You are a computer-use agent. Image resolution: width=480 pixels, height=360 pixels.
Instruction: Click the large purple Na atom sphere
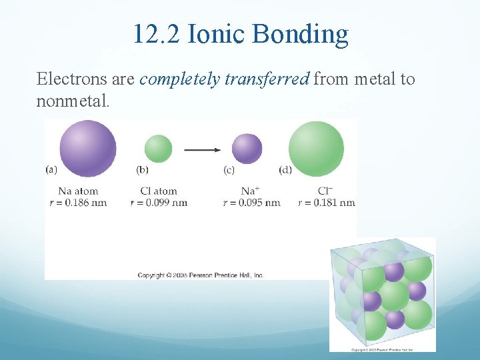point(88,149)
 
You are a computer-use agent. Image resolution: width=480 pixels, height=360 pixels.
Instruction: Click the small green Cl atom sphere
point(158,149)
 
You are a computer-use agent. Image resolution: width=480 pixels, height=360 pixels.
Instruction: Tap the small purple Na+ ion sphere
point(247,149)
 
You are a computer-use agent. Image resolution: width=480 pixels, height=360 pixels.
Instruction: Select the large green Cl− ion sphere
point(316,149)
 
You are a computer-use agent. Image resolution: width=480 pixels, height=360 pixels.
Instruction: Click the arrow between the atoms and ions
point(202,150)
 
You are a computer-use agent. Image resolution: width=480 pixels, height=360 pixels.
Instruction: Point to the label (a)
point(51,169)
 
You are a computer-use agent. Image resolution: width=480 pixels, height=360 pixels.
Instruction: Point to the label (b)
point(142,170)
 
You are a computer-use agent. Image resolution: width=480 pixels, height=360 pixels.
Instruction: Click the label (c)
point(229,170)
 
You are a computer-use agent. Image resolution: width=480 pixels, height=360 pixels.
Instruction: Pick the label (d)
point(285,170)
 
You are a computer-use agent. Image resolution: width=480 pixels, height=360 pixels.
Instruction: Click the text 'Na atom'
point(79,191)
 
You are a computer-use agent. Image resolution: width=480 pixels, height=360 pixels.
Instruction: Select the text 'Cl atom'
point(159,191)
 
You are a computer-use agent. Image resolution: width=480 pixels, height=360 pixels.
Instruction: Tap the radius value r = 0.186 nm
point(79,203)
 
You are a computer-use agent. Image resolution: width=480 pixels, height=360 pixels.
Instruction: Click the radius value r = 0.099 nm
point(159,203)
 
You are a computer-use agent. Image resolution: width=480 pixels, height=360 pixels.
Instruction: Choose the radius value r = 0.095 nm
point(251,203)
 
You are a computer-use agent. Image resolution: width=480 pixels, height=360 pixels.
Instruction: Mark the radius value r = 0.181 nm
point(326,203)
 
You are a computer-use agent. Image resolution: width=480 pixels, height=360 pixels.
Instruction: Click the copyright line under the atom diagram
point(201,275)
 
